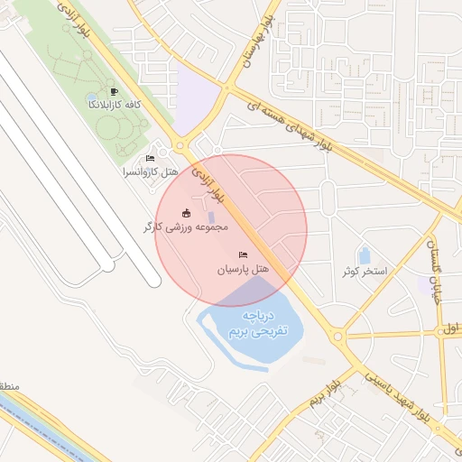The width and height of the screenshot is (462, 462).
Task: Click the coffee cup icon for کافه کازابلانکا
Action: tap(113, 91)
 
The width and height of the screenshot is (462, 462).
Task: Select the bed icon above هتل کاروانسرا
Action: tap(150, 159)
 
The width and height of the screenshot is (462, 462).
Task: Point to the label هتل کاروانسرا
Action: tap(151, 171)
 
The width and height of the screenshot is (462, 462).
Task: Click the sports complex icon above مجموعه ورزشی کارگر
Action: tap(187, 213)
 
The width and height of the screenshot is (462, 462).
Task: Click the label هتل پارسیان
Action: tap(244, 269)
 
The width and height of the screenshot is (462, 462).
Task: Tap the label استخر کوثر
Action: tap(364, 271)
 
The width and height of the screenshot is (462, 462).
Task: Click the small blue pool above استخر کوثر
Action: tap(365, 256)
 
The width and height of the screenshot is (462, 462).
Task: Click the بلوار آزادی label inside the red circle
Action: tap(210, 182)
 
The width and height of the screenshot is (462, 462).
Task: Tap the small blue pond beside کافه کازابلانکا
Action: tap(92, 97)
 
